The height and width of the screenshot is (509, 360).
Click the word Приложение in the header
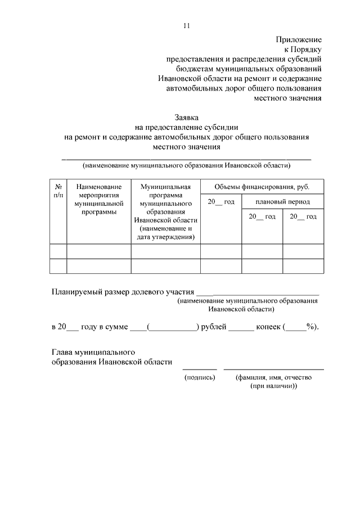click(298, 39)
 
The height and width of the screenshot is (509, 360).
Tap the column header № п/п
click(58, 190)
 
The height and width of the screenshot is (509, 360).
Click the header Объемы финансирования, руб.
click(262, 187)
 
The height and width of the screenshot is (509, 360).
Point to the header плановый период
click(282, 201)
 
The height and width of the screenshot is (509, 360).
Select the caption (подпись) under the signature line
click(200, 377)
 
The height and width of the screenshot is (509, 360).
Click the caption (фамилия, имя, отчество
click(273, 377)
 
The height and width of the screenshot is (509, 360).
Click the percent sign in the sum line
click(309, 326)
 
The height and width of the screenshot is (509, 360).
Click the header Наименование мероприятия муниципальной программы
click(98, 199)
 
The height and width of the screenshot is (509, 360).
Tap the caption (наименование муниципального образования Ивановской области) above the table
click(186, 166)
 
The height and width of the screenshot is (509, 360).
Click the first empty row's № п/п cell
click(58, 251)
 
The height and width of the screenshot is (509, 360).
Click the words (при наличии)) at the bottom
click(273, 387)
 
